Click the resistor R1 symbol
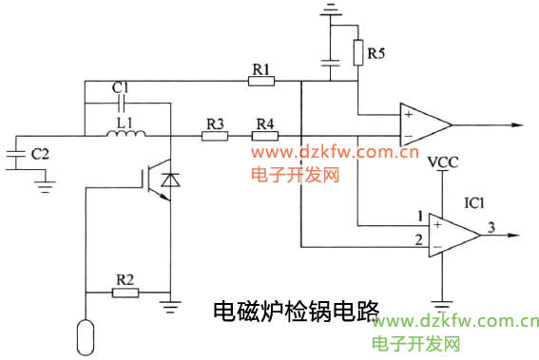(x=261, y=82)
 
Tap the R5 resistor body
(x=358, y=52)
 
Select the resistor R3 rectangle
(x=215, y=136)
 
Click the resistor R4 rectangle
(x=264, y=136)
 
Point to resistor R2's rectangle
(x=125, y=292)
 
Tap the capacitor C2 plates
(x=16, y=158)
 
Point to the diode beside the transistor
(x=169, y=180)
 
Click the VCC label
(x=442, y=163)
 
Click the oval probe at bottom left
(x=85, y=334)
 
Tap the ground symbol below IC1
(x=441, y=306)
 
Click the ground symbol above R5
(x=331, y=11)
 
